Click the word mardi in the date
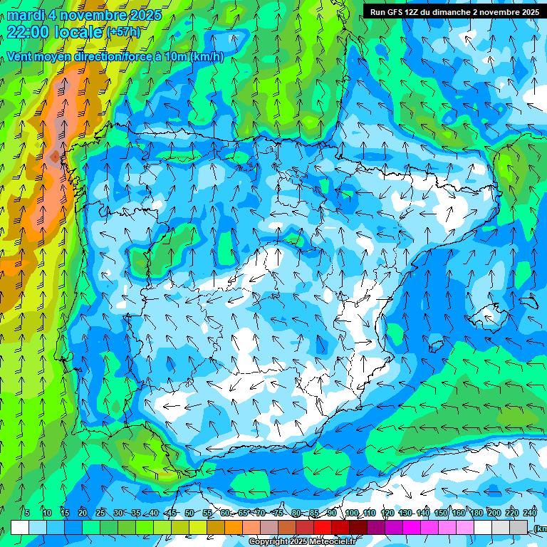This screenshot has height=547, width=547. click(x=25, y=15)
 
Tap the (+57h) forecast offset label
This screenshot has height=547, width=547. click(x=123, y=32)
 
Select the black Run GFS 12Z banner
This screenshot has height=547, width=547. click(x=454, y=11)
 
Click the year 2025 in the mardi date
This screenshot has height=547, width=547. click(x=142, y=15)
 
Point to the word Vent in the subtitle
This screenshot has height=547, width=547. click(x=20, y=57)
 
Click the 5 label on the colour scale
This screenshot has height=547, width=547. click(x=27, y=513)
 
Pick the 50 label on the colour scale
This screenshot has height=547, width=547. click(x=189, y=513)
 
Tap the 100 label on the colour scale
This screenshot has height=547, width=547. click(x=351, y=513)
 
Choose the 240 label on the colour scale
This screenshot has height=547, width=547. click(x=530, y=513)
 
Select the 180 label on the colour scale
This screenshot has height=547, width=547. click(x=476, y=513)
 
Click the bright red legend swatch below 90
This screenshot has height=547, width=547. click(x=323, y=528)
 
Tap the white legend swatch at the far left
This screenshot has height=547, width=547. click(x=20, y=528)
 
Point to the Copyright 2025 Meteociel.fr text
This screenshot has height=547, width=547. click(x=301, y=541)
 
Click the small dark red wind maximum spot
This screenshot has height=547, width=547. click(x=54, y=156)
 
